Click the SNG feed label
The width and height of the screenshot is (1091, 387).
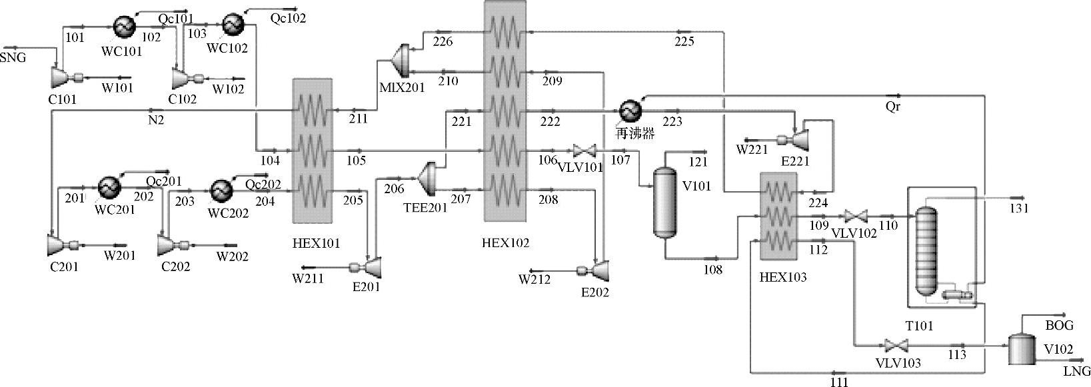[13, 58]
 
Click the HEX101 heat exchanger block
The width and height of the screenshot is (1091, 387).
[312, 151]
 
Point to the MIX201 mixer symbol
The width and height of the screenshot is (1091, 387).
[402, 59]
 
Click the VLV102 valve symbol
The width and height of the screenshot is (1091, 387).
[854, 216]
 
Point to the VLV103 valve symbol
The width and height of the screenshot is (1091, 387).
[892, 346]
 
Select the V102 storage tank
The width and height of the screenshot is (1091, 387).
[1019, 348]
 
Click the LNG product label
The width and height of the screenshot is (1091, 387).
[1077, 371]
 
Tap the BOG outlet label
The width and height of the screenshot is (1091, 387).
[1059, 326]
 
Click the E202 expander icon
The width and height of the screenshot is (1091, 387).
[601, 269]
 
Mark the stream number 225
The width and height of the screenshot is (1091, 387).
[684, 42]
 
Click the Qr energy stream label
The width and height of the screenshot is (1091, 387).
[893, 107]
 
